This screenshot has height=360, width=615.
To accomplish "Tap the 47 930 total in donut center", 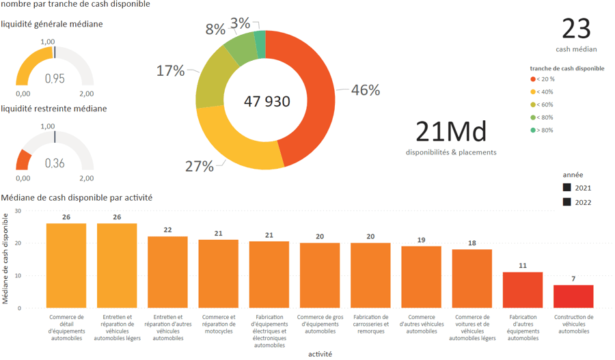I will pos(267,102).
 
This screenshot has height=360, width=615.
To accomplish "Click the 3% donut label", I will pos(240,23).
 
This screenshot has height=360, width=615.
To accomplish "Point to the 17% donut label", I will pos(170,70).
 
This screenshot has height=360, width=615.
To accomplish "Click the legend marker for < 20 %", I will pos(533,79).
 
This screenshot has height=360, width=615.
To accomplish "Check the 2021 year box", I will pos(567,188).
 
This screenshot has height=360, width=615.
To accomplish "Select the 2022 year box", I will pos(567,202).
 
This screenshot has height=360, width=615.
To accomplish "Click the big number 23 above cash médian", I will pos(576,29).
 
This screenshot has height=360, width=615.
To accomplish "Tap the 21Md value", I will pos(450,129).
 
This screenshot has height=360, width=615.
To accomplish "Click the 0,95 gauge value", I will pos(55,79).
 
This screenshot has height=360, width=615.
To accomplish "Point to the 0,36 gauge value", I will pos(55,163).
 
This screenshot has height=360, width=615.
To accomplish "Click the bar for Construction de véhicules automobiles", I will pos(573,296).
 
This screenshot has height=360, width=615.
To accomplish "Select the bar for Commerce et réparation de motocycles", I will pos(219,274).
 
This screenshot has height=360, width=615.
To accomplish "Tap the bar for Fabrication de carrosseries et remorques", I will pos(370,275).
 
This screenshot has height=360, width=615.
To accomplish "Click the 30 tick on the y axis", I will pos(18,211).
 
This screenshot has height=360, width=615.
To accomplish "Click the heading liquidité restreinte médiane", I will pos(54,109).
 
